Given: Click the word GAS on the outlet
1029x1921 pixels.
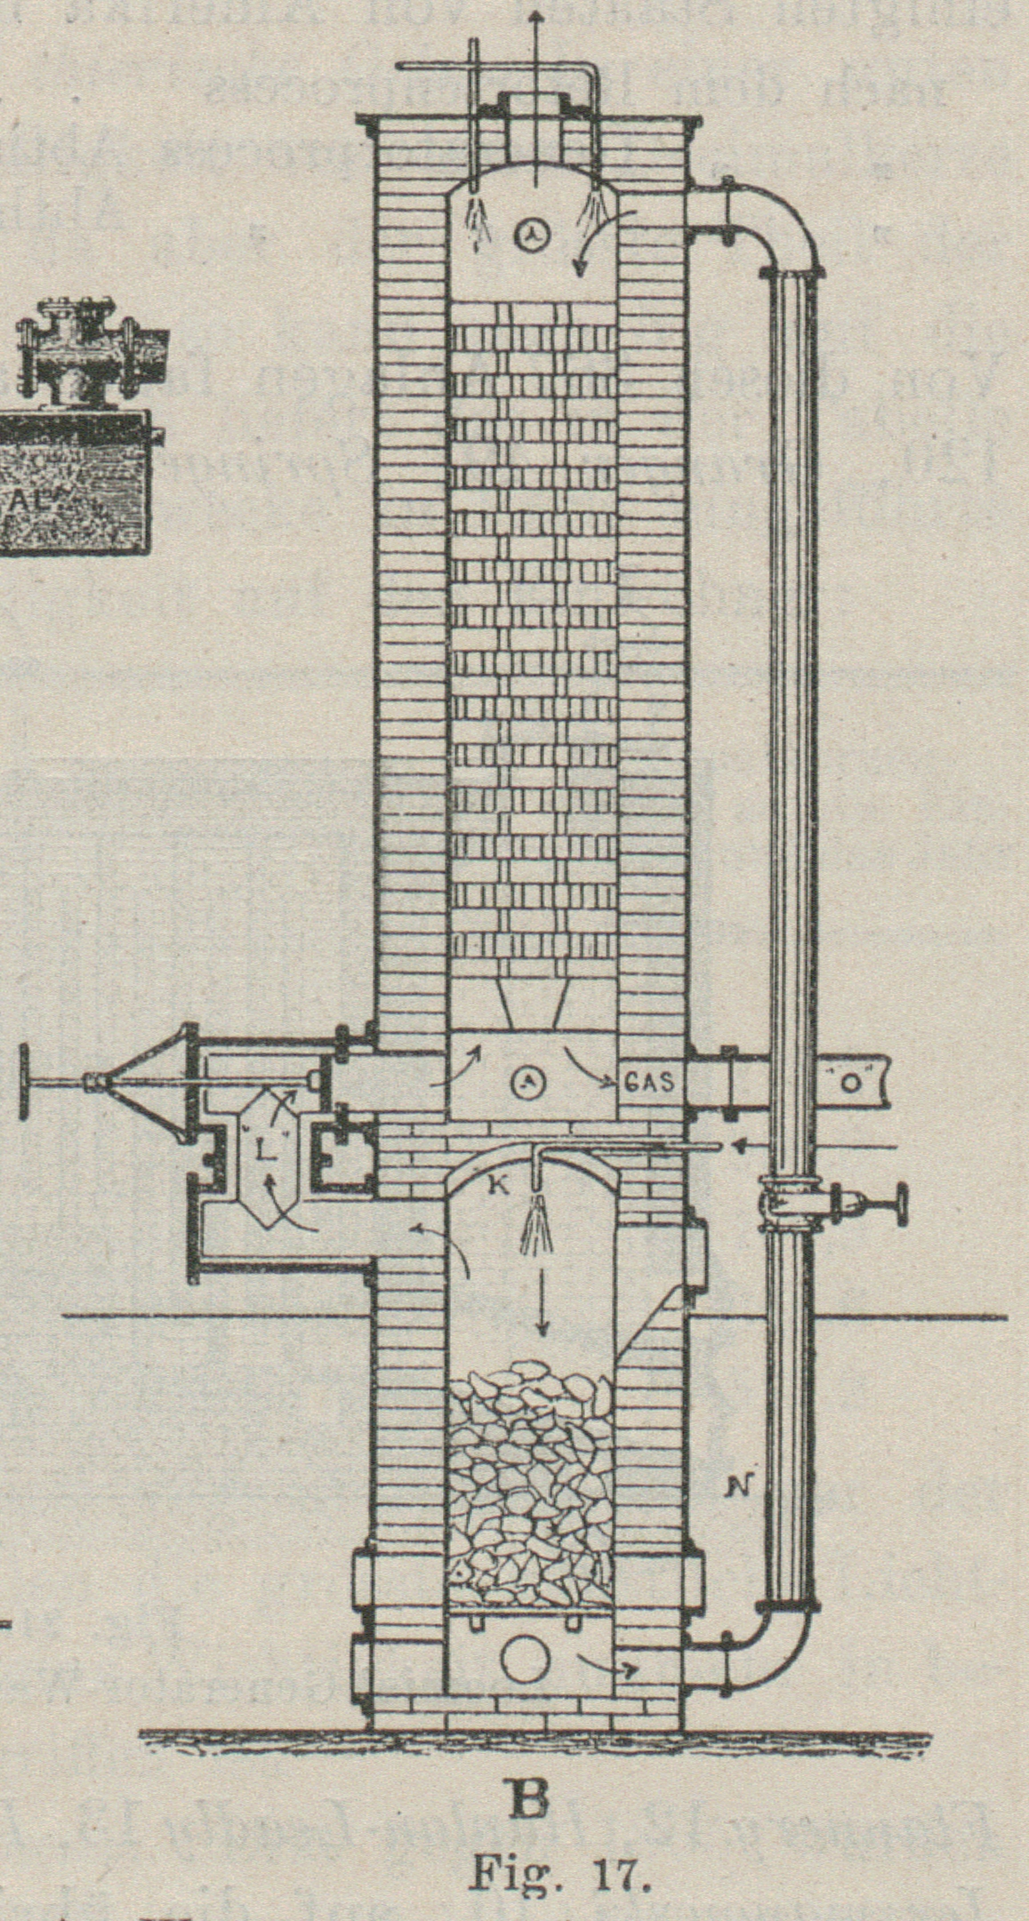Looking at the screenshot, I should pyautogui.click(x=651, y=1083).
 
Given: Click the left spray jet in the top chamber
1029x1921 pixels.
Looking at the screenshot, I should pyautogui.click(x=481, y=220).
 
